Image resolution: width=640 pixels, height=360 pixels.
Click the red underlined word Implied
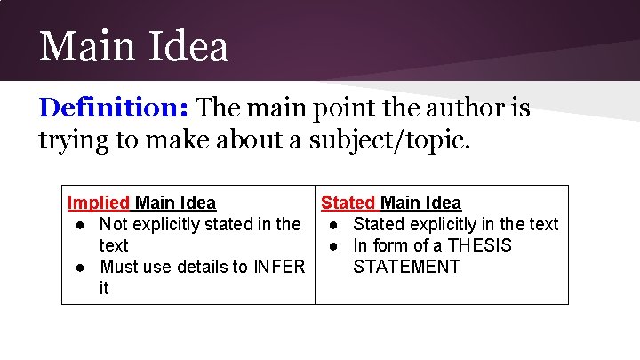pos(99,204)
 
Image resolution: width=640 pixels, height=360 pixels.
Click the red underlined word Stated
pos(348,204)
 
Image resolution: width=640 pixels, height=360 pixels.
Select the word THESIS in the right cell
pos(480,245)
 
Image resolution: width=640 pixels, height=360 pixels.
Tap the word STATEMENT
pos(406,267)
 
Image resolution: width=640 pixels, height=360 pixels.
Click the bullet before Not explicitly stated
pos(80,225)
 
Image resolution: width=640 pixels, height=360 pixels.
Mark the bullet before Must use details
pos(80,268)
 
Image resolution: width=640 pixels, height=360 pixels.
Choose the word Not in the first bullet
pos(113,224)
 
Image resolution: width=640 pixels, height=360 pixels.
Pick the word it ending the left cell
pos(104,288)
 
